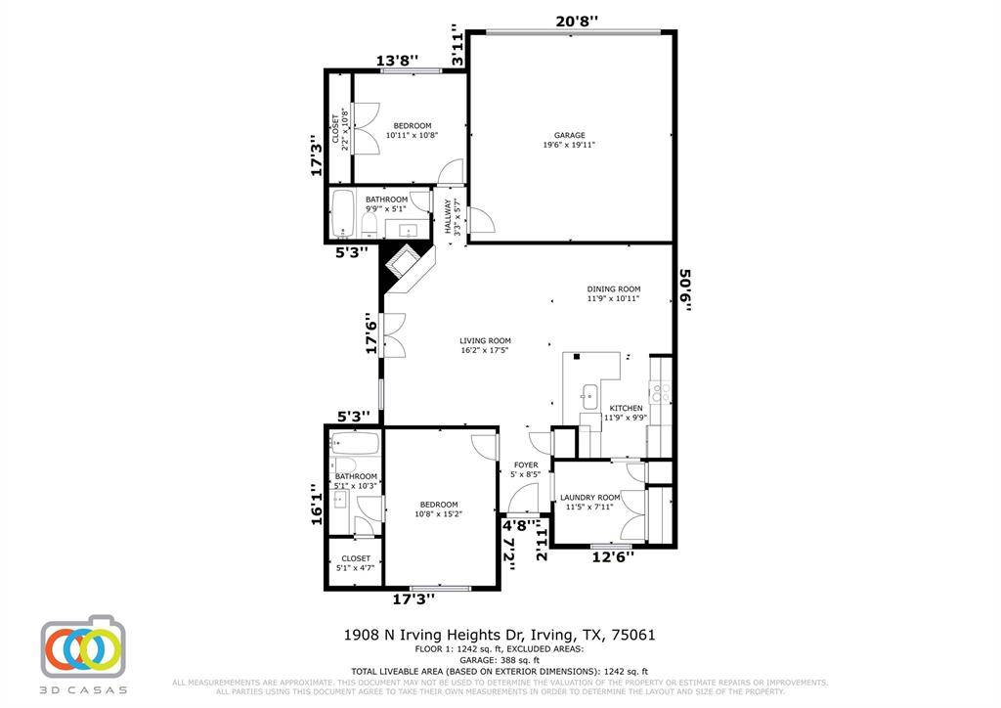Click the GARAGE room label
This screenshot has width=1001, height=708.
[569, 136]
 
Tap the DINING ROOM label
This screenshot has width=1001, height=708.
[613, 288]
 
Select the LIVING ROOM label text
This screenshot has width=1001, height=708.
[485, 341]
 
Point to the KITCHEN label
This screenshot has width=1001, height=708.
[627, 408]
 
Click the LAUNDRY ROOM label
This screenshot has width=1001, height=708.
[591, 497]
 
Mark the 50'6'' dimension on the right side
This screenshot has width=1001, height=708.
[687, 291]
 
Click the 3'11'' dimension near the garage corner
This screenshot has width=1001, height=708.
[457, 46]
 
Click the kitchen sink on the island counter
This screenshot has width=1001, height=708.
[589, 396]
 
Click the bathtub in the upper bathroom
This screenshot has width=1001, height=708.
[343, 214]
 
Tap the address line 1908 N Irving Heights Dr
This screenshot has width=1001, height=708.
[500, 635]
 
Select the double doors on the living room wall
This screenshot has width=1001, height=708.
[394, 335]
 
